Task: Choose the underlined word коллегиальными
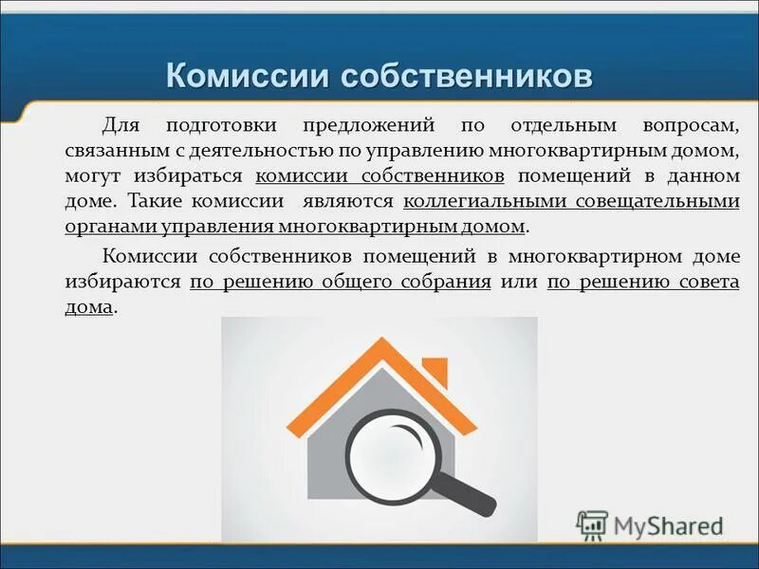pyautogui.click(x=484, y=201)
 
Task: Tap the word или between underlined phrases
pyautogui.click(x=519, y=282)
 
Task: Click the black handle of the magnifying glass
pyautogui.click(x=469, y=491)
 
